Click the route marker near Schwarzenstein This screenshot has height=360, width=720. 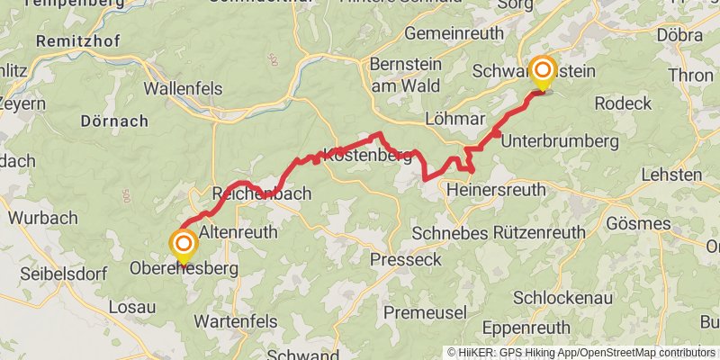[x=543, y=71]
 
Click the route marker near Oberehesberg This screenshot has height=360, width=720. [x=184, y=244]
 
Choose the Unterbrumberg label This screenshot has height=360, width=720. [x=559, y=141]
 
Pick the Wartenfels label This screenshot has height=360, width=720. [x=238, y=320]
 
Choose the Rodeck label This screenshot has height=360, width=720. [x=623, y=103]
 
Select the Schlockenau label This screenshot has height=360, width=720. [x=563, y=297]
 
